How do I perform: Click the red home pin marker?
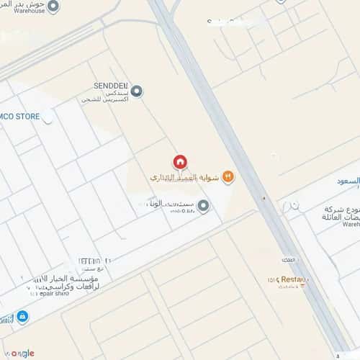(180, 162)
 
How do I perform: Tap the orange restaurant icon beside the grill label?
(228, 176)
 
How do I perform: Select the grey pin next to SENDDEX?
(137, 91)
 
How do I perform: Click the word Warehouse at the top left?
(22, 11)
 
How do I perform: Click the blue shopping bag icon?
(23, 316)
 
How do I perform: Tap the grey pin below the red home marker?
(203, 207)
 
